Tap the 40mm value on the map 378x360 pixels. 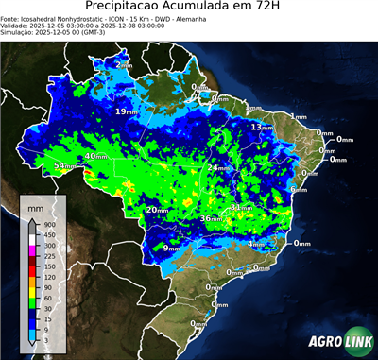coord(96,157)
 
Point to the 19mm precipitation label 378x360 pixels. coord(125,111)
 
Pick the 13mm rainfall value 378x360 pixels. coord(262,127)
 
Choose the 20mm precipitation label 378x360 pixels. coord(157,210)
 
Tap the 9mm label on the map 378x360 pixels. coord(172,248)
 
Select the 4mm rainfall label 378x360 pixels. coord(256,244)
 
